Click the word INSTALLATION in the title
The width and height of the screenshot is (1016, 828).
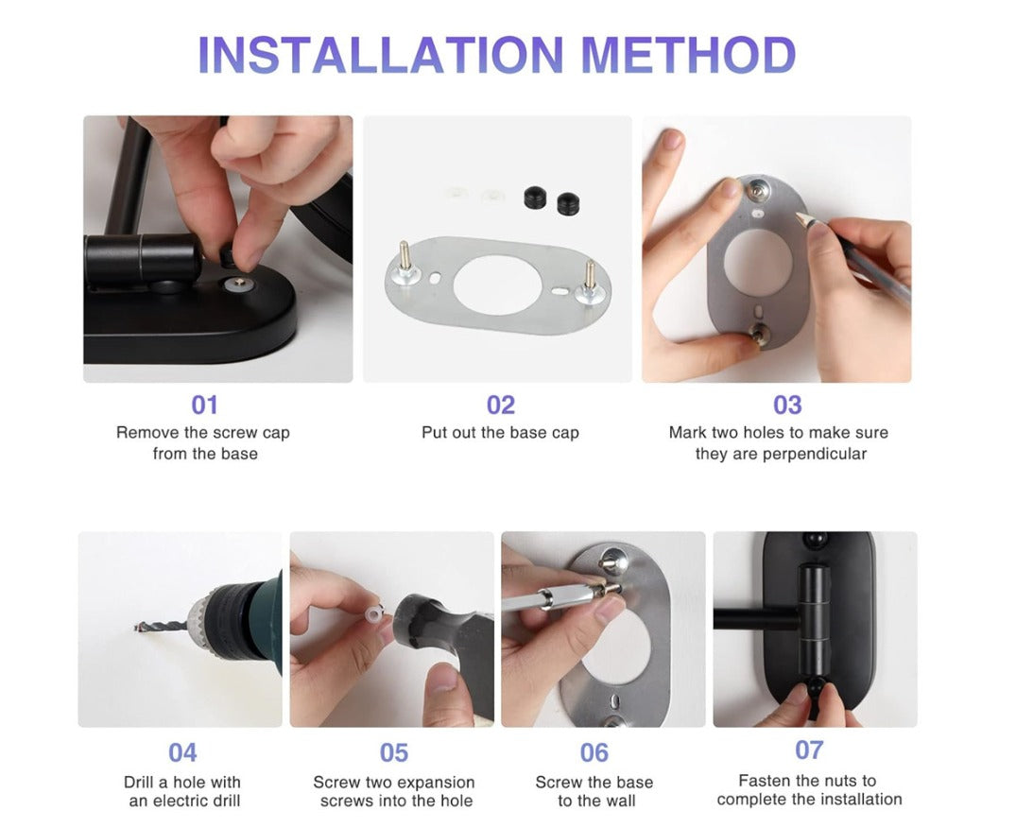(381, 55)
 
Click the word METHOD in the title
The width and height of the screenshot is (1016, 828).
(688, 55)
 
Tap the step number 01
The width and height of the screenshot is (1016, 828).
(204, 405)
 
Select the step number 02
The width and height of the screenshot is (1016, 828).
(501, 405)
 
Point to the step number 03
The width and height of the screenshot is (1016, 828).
(787, 405)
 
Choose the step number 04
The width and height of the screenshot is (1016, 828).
(182, 752)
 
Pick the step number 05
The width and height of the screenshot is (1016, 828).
(394, 752)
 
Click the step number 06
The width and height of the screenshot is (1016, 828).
(594, 752)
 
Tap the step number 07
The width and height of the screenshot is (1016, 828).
(809, 750)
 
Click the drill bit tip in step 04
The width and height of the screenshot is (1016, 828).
(137, 628)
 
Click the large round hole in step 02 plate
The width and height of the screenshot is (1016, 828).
(496, 285)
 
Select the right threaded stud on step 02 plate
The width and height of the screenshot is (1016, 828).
(591, 277)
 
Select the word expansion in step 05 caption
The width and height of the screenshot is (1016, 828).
(432, 783)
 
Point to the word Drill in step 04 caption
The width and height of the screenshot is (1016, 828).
(138, 783)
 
